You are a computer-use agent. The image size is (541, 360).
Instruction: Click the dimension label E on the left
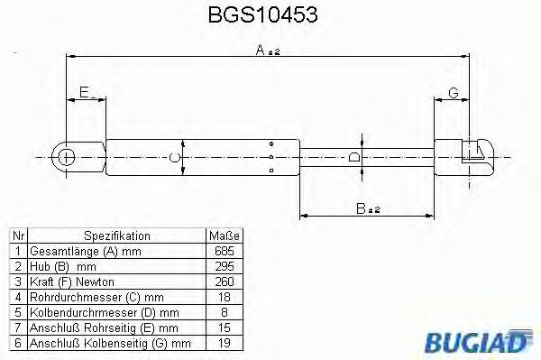(84, 92)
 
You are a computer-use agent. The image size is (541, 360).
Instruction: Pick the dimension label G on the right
(454, 92)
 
